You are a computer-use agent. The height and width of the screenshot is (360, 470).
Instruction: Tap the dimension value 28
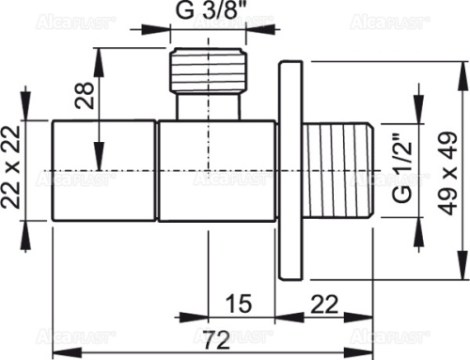tap(83, 93)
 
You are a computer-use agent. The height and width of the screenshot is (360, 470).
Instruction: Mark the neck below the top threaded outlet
tap(207, 105)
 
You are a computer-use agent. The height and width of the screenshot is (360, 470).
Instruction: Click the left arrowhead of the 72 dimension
tap(56, 332)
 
